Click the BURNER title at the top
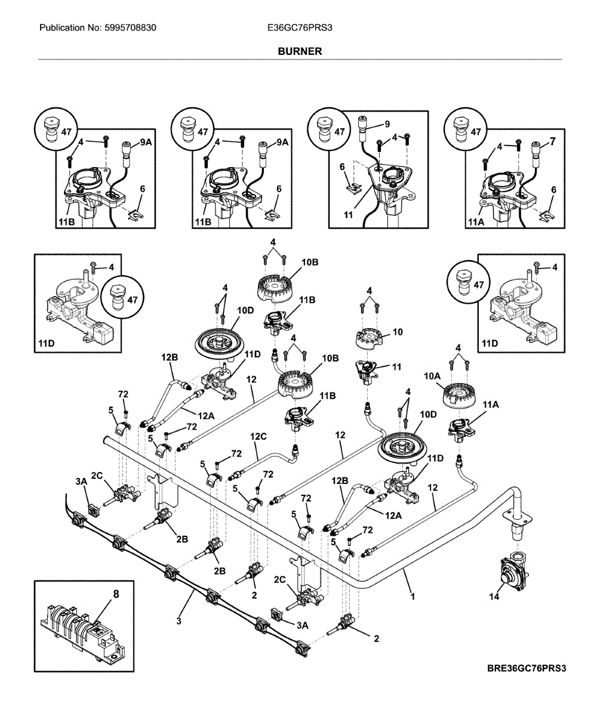coord(300,51)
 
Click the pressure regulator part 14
coord(512,571)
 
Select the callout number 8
coord(116,594)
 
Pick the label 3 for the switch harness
coord(178,621)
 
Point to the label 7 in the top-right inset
coord(552,141)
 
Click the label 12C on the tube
coord(258,437)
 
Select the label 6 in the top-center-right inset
coord(343,168)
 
